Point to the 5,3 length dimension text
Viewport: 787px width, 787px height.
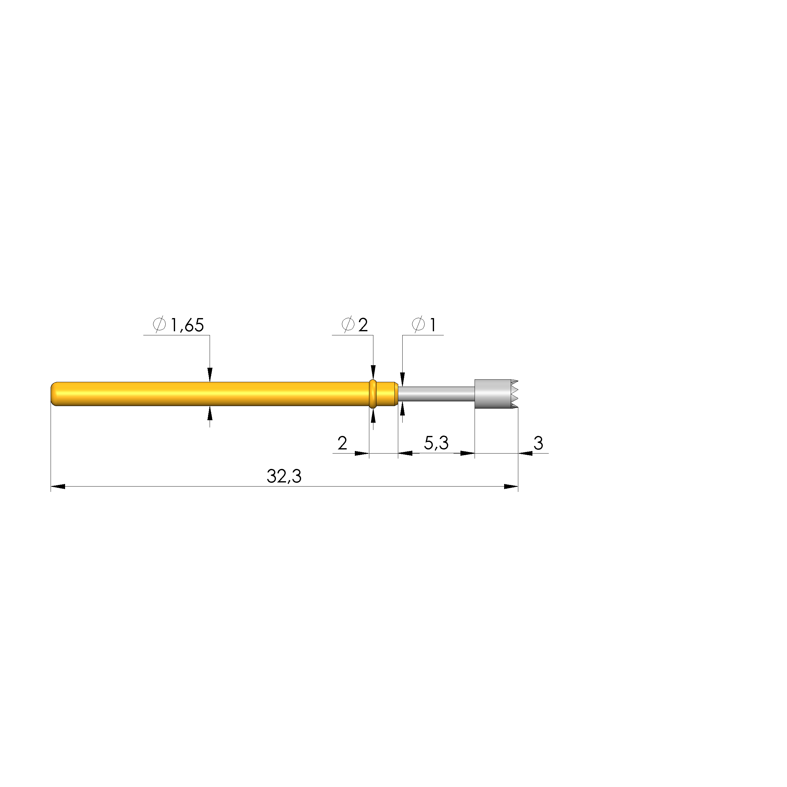pos(436,443)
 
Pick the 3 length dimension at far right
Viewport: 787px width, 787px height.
pos(538,443)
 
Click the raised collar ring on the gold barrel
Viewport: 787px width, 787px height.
pos(372,394)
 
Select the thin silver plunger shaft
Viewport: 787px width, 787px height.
pos(436,394)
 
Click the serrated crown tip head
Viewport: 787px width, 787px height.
pos(495,394)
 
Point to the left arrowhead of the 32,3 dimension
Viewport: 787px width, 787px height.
pos(58,487)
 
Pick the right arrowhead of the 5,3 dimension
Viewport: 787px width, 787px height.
pos(468,453)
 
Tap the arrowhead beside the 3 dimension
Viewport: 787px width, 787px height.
pos(526,453)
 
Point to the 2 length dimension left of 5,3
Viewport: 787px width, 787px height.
pos(342,443)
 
